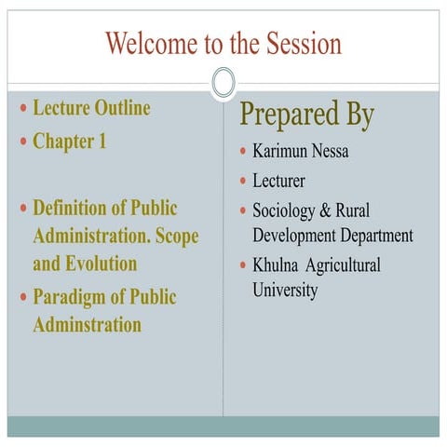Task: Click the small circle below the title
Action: coord(223,83)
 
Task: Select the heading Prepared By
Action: coord(307,115)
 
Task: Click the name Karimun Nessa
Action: coord(300,151)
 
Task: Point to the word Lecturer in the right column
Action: coord(278,181)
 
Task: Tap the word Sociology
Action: coord(284,210)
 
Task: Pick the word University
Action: coord(285,290)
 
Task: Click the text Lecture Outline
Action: coord(91,108)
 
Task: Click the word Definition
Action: coord(75,208)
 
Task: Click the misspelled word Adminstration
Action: coord(87,325)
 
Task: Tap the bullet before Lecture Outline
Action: coord(23,109)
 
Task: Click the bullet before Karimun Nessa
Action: coord(242,151)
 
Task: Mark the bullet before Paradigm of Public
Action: coord(23,299)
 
